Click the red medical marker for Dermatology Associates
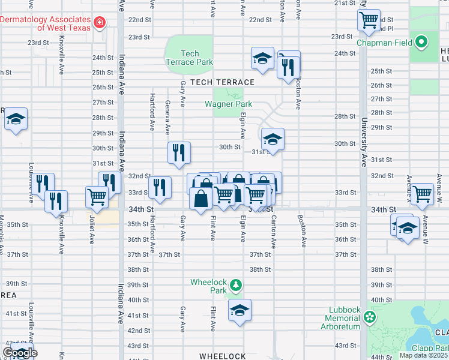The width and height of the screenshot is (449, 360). point(100,24)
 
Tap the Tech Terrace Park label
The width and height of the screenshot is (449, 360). point(189,58)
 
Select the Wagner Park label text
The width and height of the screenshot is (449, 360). point(228,104)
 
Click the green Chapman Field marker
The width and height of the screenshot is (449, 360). point(421,42)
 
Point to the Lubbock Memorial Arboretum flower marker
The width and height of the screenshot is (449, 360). point(370,316)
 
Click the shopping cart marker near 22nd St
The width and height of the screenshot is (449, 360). point(369,20)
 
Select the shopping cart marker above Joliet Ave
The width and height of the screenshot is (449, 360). point(97,196)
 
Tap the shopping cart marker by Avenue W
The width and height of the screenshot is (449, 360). point(422,194)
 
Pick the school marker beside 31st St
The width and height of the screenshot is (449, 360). point(273,140)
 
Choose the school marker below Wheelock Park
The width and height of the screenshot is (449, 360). point(240,310)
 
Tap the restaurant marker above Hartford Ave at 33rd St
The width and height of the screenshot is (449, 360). point(160,187)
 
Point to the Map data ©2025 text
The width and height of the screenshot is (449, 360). point(423,355)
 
